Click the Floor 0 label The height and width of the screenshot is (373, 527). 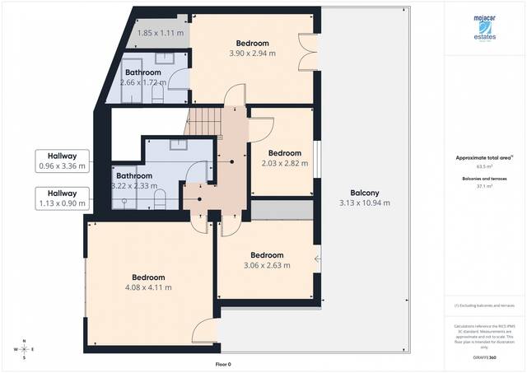click(x=222, y=364)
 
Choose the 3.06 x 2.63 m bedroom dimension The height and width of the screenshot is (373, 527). click(x=267, y=264)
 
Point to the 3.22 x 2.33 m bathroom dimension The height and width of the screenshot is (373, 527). click(x=134, y=186)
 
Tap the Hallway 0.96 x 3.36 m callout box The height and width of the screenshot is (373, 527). click(x=62, y=161)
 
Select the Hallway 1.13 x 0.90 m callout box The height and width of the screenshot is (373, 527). click(x=62, y=198)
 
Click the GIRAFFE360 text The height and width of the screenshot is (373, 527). click(x=484, y=358)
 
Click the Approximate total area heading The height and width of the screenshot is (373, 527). click(x=483, y=156)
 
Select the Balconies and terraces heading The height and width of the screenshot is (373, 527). click(x=484, y=178)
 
